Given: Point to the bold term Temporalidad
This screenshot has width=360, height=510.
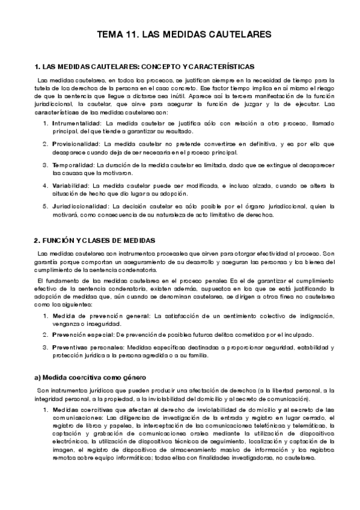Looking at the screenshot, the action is point(72,165).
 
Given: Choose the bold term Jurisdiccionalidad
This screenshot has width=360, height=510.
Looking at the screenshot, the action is point(79,207).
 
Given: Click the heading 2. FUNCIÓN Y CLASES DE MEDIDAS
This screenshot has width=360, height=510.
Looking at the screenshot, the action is point(94,240).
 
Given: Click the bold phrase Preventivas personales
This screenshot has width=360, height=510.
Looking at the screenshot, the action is point(88,348).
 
